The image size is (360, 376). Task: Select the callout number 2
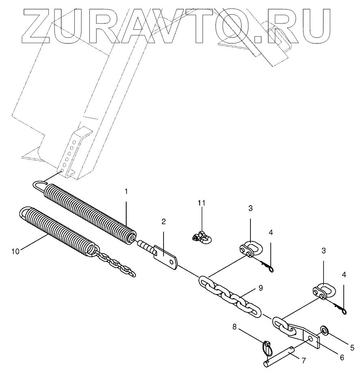pos(163,221)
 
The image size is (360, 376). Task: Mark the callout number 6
pos(341,357)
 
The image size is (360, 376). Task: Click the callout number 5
pos(352,347)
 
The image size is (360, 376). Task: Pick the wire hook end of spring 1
pos(39,187)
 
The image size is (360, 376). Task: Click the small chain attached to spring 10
pos(117,265)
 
